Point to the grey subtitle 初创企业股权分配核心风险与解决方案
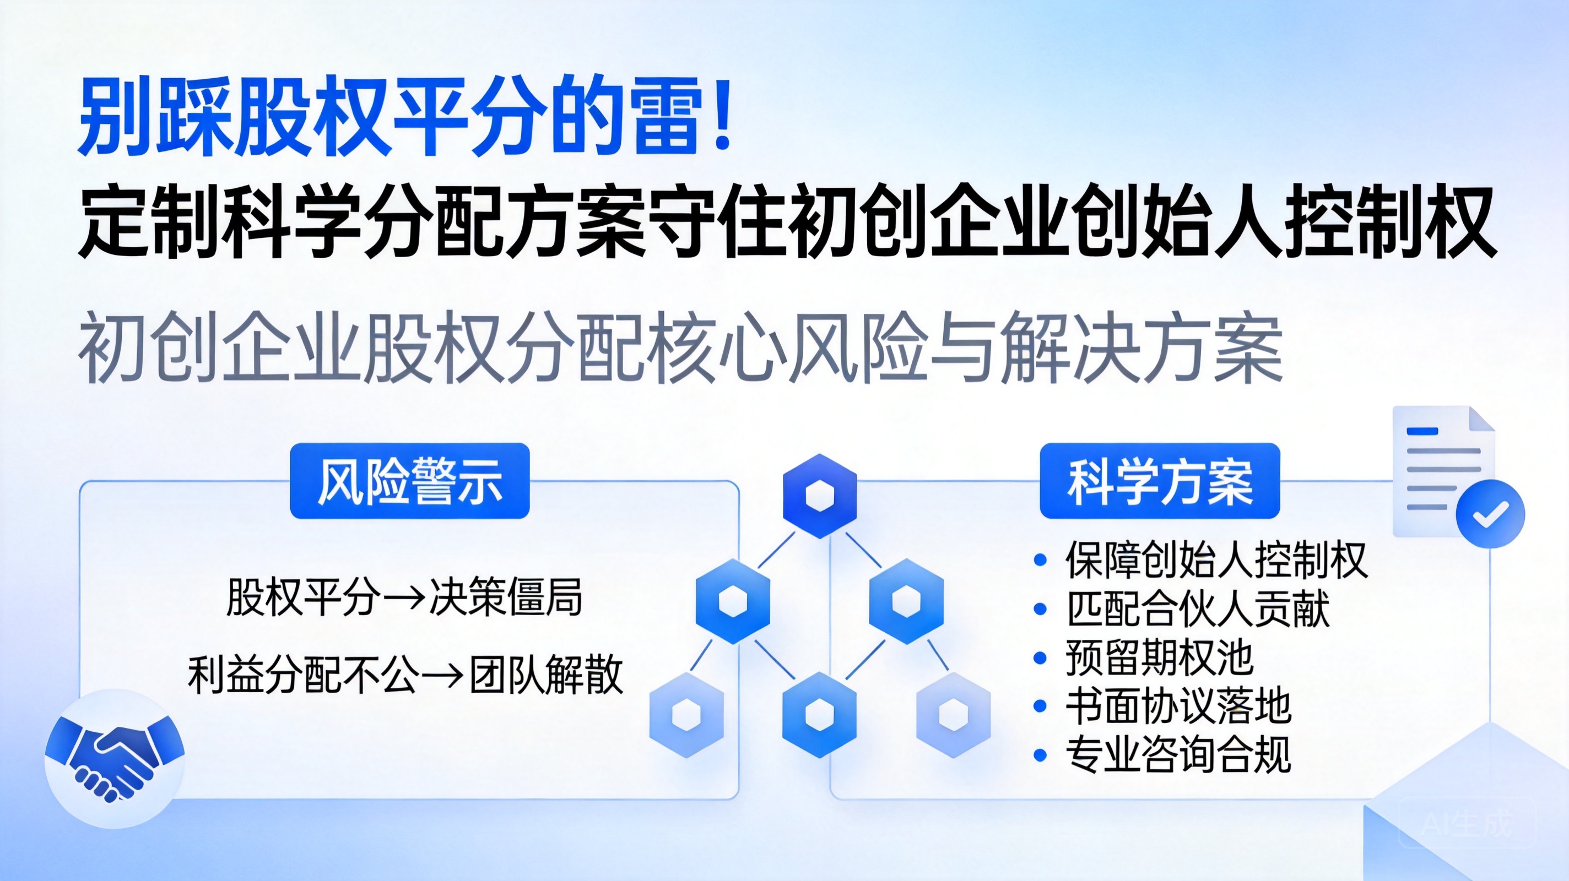click(x=681, y=347)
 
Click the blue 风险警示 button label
click(x=410, y=481)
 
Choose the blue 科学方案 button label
click(x=1160, y=481)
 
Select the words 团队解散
click(x=547, y=675)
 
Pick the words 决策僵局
click(x=506, y=597)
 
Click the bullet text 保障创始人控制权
click(x=1216, y=559)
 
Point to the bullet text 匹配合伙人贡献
click(x=1198, y=608)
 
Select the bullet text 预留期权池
click(x=1159, y=657)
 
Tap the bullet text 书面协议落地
click(x=1178, y=706)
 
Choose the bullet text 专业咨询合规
click(x=1178, y=754)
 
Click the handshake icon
click(x=115, y=758)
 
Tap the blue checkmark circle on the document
click(x=1490, y=513)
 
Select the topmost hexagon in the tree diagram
click(x=819, y=496)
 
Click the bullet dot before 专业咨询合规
click(x=1040, y=755)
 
